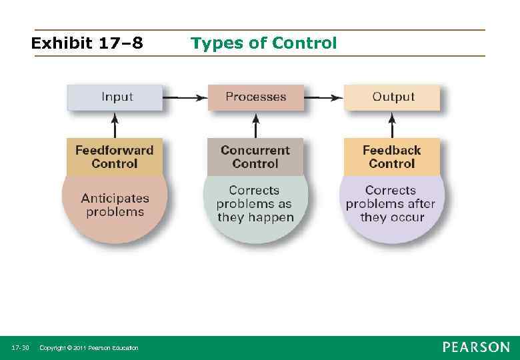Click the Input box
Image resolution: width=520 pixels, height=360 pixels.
tap(115, 97)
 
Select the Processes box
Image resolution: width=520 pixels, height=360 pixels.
tap(255, 97)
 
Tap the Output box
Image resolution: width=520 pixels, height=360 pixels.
tap(392, 97)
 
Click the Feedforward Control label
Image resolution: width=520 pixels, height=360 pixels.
tap(114, 157)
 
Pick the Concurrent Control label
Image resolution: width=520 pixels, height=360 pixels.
tap(255, 157)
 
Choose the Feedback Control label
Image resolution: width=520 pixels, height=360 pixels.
tap(392, 157)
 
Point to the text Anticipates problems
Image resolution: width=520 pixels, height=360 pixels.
tap(115, 205)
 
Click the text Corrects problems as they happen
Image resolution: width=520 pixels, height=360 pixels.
tap(255, 204)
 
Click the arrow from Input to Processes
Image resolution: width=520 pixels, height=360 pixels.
tap(185, 98)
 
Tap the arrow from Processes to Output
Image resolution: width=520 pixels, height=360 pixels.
tap(323, 98)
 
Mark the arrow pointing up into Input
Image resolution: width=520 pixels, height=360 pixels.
tap(115, 125)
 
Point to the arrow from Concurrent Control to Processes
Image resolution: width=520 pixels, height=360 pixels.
tap(255, 125)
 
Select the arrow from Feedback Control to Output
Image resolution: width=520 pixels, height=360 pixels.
tap(392, 125)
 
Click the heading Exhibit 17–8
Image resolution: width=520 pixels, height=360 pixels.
tap(87, 44)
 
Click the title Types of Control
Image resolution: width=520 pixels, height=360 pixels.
tap(264, 44)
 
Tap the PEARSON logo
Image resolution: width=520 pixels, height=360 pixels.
tap(476, 347)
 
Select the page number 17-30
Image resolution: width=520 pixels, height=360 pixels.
tap(20, 348)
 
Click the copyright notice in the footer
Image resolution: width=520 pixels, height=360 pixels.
tap(89, 348)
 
